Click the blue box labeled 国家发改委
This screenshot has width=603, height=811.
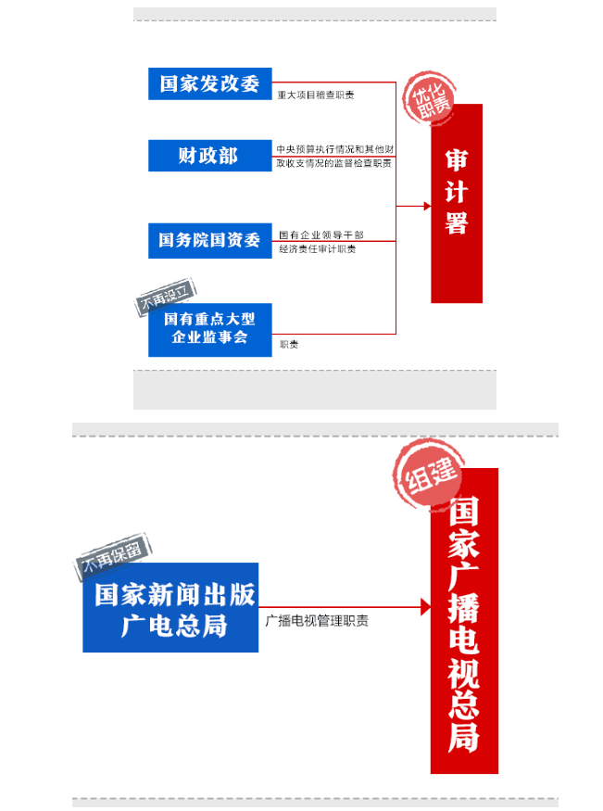pos(210,83)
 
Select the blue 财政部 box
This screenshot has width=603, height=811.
pos(210,155)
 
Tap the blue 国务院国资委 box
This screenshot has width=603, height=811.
pos(210,240)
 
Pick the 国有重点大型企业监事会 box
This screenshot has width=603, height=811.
pos(210,329)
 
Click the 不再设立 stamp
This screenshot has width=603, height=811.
pos(167,298)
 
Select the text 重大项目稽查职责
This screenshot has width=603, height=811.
pos(315,95)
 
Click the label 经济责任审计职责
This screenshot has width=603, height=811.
pos(318,249)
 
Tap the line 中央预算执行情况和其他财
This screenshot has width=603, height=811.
pos(336,148)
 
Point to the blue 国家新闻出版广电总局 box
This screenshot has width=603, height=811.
pos(170,608)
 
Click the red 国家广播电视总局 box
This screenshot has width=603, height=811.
pos(464,621)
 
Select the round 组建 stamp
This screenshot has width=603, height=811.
pos(426,475)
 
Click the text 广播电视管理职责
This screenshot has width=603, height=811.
pos(317,621)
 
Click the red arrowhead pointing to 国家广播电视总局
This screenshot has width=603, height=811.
pos(425,607)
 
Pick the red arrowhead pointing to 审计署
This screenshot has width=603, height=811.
pos(425,204)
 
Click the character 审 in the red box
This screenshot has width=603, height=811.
pos(457,159)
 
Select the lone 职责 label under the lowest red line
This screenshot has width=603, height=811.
pos(289,345)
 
